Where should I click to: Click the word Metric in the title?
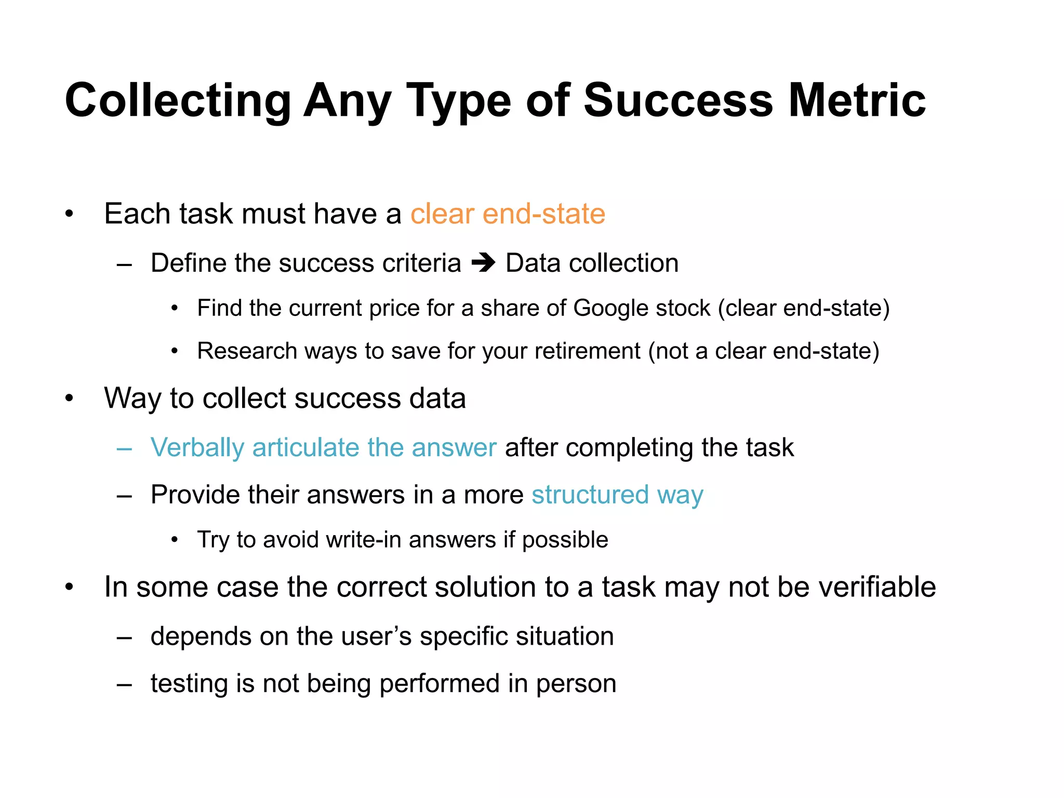[857, 100]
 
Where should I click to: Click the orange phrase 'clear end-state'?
[508, 214]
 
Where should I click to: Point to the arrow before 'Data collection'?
[483, 263]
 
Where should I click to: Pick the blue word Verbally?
[197, 448]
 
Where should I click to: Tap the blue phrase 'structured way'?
[617, 495]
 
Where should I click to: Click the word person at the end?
[576, 684]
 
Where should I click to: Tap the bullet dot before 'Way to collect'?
[69, 398]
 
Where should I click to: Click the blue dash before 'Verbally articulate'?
[124, 448]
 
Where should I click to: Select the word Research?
[247, 351]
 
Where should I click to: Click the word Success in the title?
[679, 100]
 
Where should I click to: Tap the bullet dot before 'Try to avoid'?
[175, 540]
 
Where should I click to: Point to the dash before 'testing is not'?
[124, 684]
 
